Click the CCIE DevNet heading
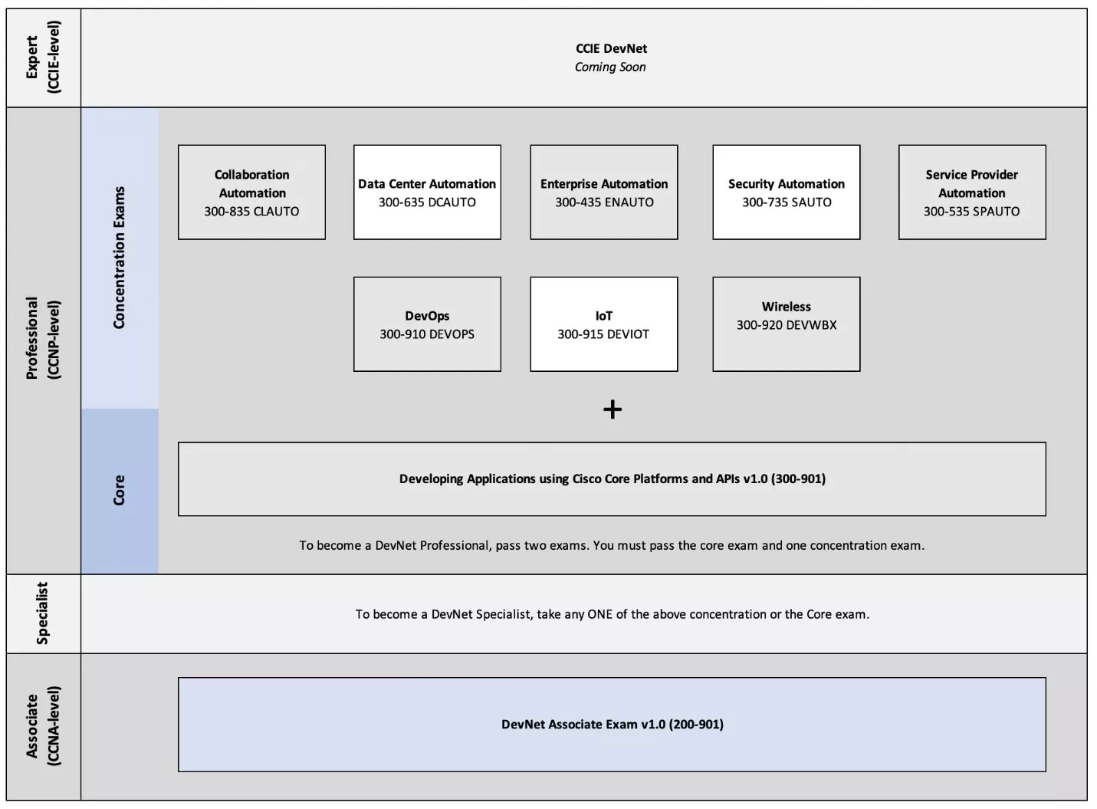[611, 48]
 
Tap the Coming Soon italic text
[610, 67]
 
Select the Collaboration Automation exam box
[251, 192]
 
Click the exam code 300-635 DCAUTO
[427, 202]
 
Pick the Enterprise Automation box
[604, 192]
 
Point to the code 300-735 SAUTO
[787, 202]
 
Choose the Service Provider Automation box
[972, 192]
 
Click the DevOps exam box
[427, 324]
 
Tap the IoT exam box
[604, 324]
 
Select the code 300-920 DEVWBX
[787, 325]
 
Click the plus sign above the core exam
[613, 409]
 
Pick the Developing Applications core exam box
[613, 479]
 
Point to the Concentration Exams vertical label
[119, 258]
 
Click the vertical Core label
[119, 490]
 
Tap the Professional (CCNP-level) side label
[43, 339]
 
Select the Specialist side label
[43, 613]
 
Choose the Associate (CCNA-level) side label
[43, 726]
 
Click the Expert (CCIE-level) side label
[43, 57]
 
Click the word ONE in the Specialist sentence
[600, 614]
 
